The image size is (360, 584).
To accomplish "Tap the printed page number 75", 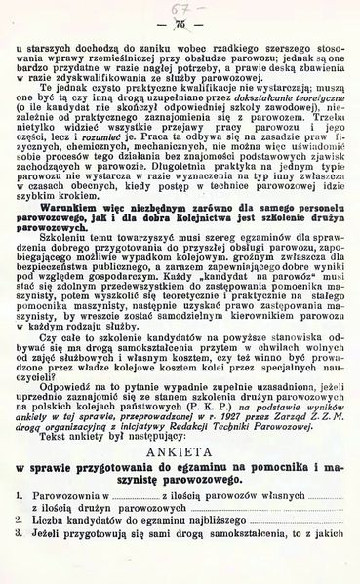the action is tap(179, 24).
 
